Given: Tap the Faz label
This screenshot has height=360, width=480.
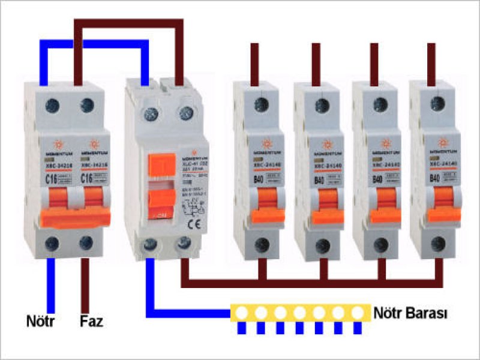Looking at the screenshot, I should [x=92, y=321].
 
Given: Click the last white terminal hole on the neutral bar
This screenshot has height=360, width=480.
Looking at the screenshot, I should [x=358, y=312].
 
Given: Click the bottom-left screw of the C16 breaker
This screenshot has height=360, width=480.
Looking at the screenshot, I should [x=51, y=242].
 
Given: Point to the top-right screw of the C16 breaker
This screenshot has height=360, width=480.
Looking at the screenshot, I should [x=86, y=105].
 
